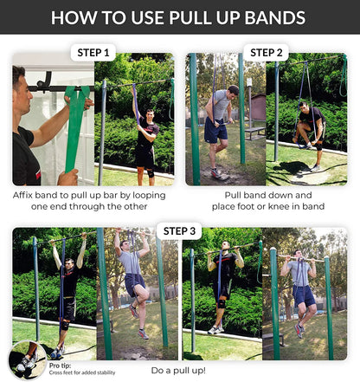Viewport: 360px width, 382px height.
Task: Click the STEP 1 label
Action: point(94,52)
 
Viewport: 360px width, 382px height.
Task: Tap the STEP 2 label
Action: point(267,52)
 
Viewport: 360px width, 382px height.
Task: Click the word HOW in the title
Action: point(77,16)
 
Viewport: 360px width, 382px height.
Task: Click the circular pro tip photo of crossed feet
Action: point(29,359)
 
